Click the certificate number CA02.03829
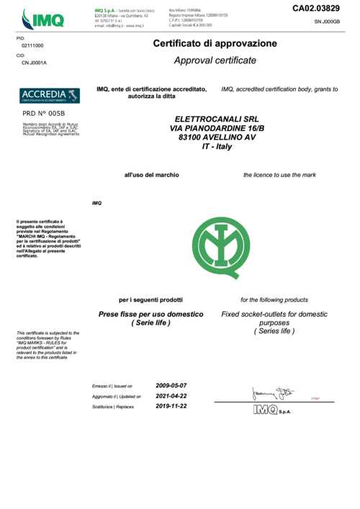pyautogui.click(x=315, y=8)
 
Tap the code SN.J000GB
pyautogui.click(x=327, y=23)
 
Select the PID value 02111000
pyautogui.click(x=32, y=45)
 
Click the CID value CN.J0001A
pyautogui.click(x=34, y=63)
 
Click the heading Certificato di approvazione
pyautogui.click(x=215, y=44)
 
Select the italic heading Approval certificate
pyautogui.click(x=215, y=60)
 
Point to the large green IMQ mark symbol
pyautogui.click(x=222, y=240)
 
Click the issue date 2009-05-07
pyautogui.click(x=171, y=385)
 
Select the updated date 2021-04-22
pyautogui.click(x=171, y=395)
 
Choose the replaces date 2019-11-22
pyautogui.click(x=171, y=405)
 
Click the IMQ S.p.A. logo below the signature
pyautogui.click(x=271, y=410)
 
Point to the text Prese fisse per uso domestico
pyautogui.click(x=150, y=315)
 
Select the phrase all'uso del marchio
pyautogui.click(x=151, y=175)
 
